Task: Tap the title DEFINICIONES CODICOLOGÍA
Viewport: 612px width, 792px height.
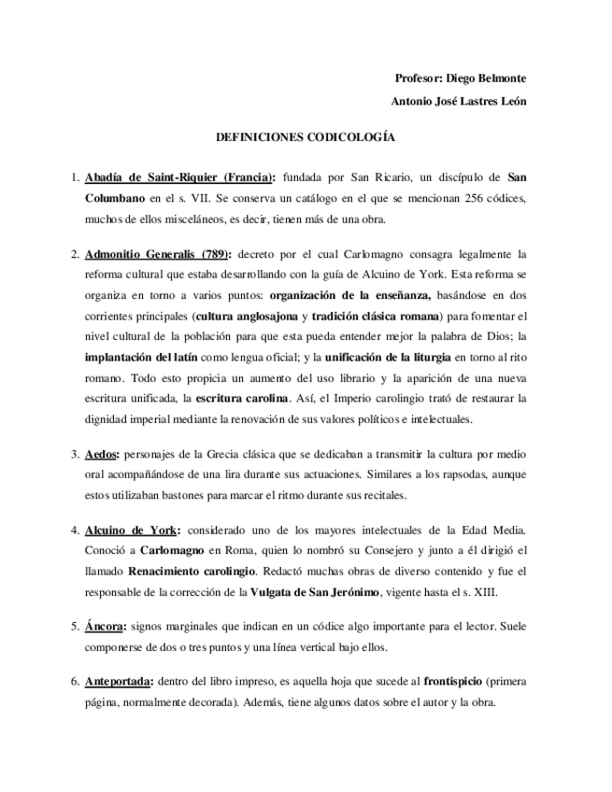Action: (306, 136)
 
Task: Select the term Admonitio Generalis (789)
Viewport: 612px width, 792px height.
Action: (157, 253)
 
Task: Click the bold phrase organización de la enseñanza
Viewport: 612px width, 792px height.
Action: (350, 296)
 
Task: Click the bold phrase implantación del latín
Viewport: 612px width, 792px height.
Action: (142, 358)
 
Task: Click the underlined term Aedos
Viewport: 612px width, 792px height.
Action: (101, 455)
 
